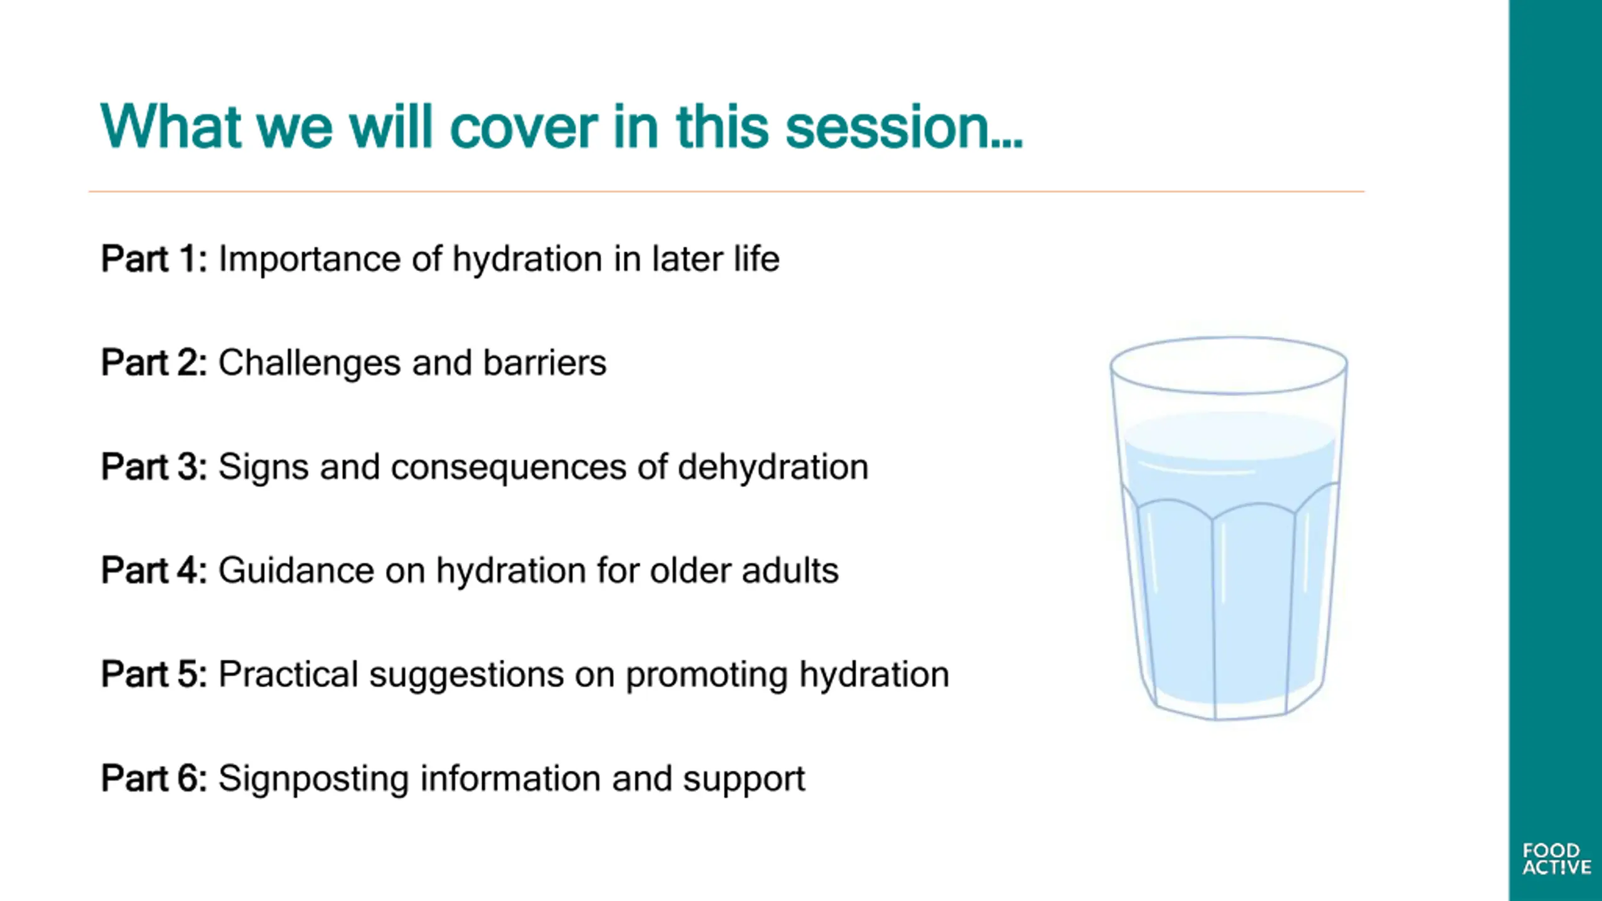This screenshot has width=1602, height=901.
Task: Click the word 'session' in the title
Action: [x=904, y=127]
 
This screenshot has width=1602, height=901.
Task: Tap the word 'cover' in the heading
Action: [x=523, y=128]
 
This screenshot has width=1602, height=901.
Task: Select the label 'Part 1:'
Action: [x=154, y=258]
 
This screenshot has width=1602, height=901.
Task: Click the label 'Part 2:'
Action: [x=154, y=362]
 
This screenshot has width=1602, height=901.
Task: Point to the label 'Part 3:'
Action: [x=154, y=466]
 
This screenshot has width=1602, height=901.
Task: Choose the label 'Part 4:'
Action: [x=154, y=570]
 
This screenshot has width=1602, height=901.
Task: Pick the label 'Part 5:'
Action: [x=154, y=674]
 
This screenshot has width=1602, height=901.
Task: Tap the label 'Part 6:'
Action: [x=154, y=778]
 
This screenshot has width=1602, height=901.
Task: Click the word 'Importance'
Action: [x=309, y=260]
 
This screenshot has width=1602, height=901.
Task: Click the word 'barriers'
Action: [x=544, y=362]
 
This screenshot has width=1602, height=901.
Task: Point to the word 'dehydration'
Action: [x=773, y=467]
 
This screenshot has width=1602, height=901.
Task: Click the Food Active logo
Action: [x=1556, y=859]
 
